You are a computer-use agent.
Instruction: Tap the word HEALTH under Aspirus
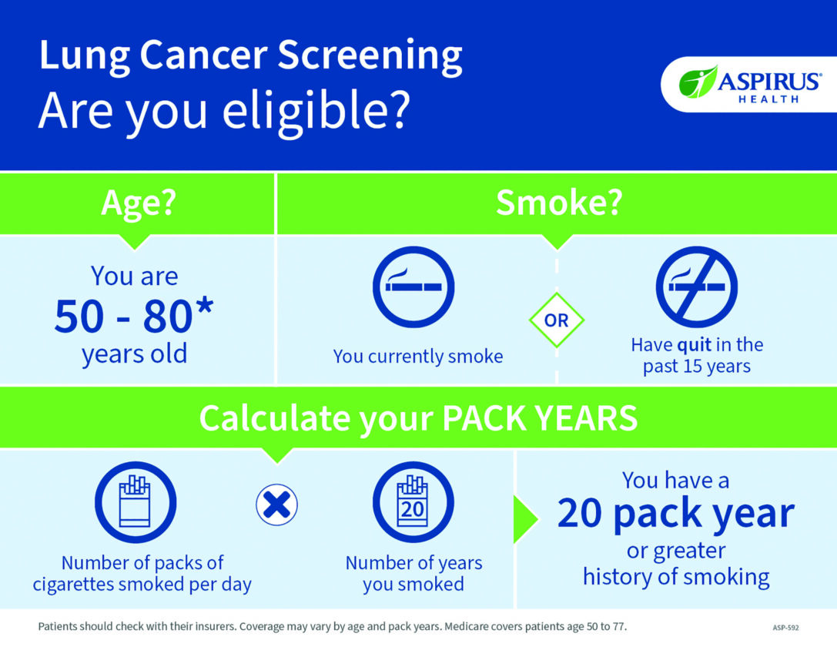point(768,99)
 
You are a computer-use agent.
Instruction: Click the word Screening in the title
point(370,56)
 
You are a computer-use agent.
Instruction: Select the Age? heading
point(139,203)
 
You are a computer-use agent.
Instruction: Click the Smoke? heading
point(559,203)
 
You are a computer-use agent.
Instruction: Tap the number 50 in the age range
point(79,316)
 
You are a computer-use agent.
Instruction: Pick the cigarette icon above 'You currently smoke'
point(413,287)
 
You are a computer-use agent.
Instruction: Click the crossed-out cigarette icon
point(697,287)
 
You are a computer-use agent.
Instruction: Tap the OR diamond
point(557,320)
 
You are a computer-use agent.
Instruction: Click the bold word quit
point(694,345)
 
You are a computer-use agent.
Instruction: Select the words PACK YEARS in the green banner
point(540,417)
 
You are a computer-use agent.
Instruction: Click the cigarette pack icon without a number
point(136,502)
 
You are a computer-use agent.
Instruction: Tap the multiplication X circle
point(276,505)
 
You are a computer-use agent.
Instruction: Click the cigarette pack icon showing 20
point(413,502)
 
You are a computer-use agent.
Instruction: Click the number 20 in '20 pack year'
point(580,514)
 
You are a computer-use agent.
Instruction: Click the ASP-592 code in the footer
point(785,628)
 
